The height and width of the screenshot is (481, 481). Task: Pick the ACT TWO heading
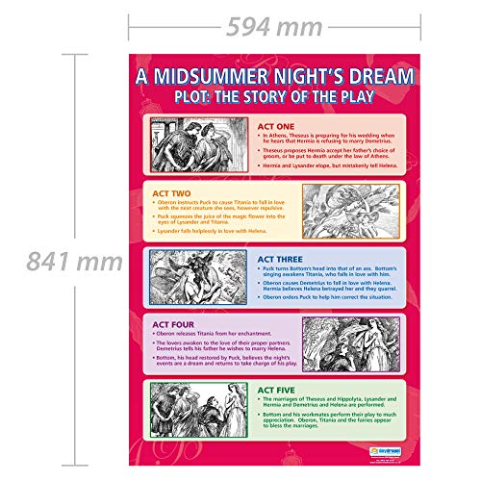click(172, 191)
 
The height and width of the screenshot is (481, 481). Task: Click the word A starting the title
click(141, 77)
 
